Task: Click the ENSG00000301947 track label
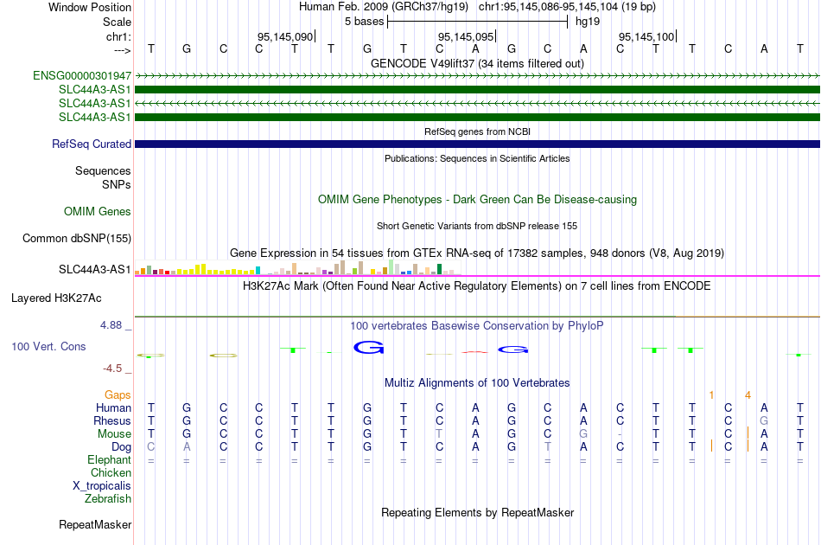tap(82, 76)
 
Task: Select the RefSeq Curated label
tap(92, 144)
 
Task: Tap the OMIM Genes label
tap(98, 212)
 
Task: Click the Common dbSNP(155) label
tap(77, 239)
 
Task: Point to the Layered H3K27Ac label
tap(56, 298)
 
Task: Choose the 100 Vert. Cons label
tap(48, 346)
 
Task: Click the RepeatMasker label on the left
tap(95, 524)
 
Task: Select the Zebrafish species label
tap(108, 499)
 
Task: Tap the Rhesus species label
tap(112, 420)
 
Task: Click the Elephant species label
tap(110, 459)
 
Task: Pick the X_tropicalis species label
tap(102, 486)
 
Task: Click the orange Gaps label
tap(118, 394)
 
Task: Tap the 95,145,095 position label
tap(466, 36)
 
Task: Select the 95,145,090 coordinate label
tap(285, 36)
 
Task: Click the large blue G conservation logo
tap(369, 347)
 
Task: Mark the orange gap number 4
tap(748, 395)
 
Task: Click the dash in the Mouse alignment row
tap(620, 434)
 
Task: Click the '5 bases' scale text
tap(365, 22)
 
